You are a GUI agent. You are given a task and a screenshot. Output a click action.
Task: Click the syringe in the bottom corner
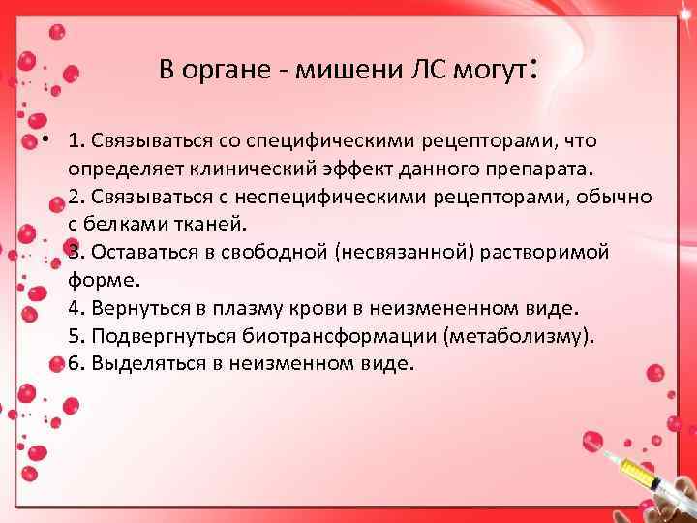tap(644, 476)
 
